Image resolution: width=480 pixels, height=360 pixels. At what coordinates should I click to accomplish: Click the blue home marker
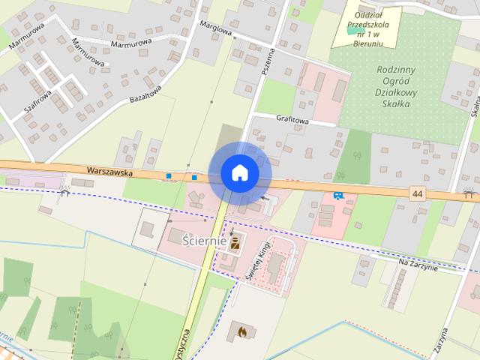[240, 173]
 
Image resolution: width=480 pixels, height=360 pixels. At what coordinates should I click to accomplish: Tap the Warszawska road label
[109, 172]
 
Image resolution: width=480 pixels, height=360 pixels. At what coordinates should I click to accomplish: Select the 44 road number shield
[417, 194]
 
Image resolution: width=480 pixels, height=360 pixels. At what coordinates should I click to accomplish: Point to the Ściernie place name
[204, 240]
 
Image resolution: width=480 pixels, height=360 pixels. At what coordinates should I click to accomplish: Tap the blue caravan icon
[338, 195]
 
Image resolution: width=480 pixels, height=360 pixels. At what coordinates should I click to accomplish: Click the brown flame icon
[241, 329]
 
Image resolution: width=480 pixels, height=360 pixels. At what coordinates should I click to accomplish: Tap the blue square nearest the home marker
[194, 178]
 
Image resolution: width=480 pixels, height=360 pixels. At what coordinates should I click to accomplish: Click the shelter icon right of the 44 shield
[469, 193]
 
